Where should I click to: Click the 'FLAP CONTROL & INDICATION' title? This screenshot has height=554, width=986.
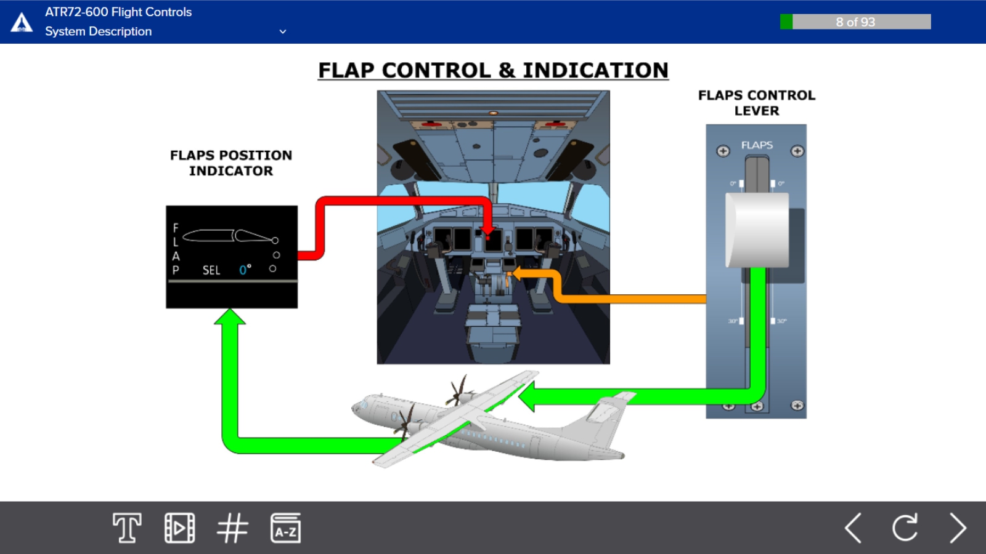pyautogui.click(x=493, y=70)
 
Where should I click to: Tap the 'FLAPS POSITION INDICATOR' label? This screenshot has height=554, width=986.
pyautogui.click(x=231, y=163)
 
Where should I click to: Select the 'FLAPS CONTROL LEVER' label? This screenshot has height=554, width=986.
pyautogui.click(x=756, y=103)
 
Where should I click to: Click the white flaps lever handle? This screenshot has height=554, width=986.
pyautogui.click(x=757, y=230)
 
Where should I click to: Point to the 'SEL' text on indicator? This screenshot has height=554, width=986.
pyautogui.click(x=211, y=270)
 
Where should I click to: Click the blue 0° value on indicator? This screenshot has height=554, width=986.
pyautogui.click(x=245, y=270)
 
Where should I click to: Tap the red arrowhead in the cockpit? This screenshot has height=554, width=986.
pyautogui.click(x=487, y=233)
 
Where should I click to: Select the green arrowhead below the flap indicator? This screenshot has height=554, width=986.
pyautogui.click(x=230, y=317)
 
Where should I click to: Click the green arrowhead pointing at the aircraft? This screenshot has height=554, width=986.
pyautogui.click(x=528, y=396)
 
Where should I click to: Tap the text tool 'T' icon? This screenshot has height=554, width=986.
pyautogui.click(x=127, y=528)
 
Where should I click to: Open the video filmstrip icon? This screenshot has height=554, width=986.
pyautogui.click(x=179, y=528)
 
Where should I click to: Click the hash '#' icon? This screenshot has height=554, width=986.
pyautogui.click(x=232, y=528)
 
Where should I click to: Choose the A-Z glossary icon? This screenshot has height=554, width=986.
pyautogui.click(x=285, y=528)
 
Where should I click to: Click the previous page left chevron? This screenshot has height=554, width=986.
pyautogui.click(x=853, y=528)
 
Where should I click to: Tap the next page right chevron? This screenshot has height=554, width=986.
pyautogui.click(x=958, y=528)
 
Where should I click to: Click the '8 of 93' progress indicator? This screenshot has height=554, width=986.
pyautogui.click(x=855, y=22)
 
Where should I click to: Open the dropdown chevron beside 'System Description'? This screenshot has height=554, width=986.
pyautogui.click(x=283, y=31)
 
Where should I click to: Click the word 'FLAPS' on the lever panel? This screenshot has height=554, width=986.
pyautogui.click(x=757, y=145)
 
